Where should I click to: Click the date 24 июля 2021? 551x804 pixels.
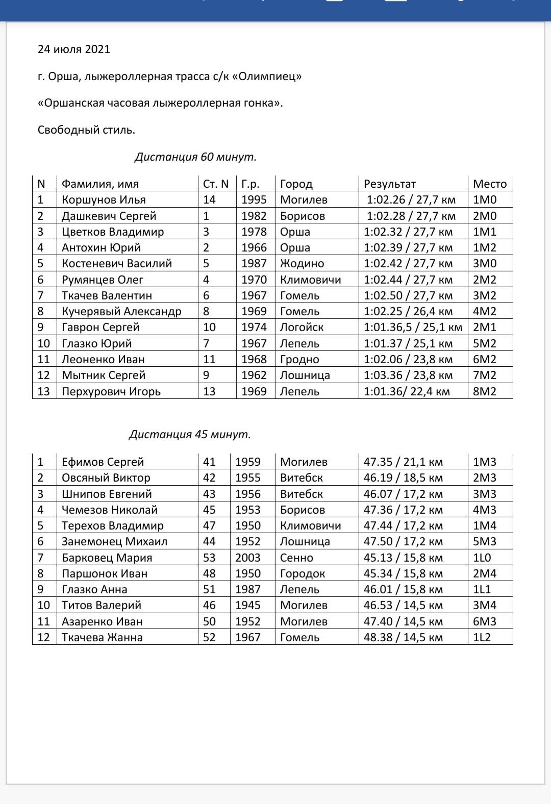[x=74, y=49]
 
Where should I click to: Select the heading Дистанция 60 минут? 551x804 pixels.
[x=195, y=157]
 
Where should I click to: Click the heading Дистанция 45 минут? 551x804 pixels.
[x=190, y=435]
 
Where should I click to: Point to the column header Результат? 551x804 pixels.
[x=390, y=184]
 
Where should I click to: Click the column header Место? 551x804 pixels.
[x=490, y=184]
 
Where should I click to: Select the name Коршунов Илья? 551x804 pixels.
[x=104, y=200]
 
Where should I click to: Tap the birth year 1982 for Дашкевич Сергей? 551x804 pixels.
[x=254, y=216]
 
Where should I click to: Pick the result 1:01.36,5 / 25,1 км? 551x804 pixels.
[x=413, y=327]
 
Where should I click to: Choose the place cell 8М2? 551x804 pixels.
[x=485, y=391]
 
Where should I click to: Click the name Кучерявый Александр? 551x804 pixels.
[x=121, y=311]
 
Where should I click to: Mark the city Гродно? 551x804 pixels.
[x=299, y=359]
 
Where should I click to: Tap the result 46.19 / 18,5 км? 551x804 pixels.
[x=403, y=478]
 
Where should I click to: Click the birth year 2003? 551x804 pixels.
[x=248, y=558]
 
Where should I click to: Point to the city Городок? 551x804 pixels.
[x=303, y=573]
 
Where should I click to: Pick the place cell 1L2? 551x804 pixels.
[x=482, y=637]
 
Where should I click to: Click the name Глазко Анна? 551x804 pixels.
[x=94, y=589]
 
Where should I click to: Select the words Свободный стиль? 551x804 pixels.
[x=86, y=130]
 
